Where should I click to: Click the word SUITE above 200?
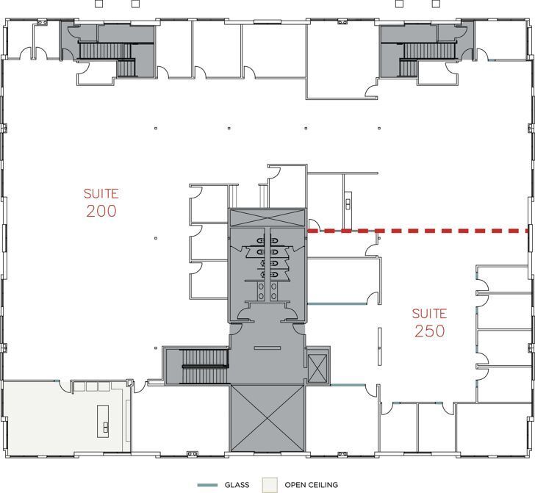101,194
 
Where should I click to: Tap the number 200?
101,212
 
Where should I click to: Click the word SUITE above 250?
429,314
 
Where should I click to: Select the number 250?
429,331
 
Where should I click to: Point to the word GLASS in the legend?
238,485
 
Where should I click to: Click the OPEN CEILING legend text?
312,485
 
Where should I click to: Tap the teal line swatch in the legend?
209,485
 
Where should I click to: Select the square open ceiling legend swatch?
271,484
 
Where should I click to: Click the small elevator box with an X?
317,365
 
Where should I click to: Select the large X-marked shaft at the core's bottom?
267,419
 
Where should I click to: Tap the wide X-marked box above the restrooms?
267,217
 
